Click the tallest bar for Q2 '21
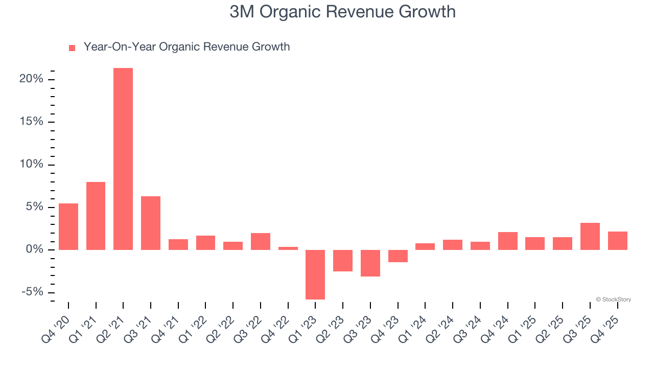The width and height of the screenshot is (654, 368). (x=123, y=158)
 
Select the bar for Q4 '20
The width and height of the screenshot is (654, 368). (x=68, y=226)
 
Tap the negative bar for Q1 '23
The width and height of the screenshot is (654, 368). (x=315, y=274)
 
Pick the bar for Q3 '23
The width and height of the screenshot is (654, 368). (x=370, y=263)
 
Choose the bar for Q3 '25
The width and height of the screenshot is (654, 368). (x=590, y=236)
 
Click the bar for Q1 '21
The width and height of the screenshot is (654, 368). (x=96, y=216)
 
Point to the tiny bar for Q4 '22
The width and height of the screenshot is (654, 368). (x=288, y=248)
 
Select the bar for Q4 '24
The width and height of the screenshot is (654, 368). (x=508, y=241)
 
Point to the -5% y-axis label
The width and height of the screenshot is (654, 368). (x=31, y=292)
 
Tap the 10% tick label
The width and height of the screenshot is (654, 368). (x=31, y=165)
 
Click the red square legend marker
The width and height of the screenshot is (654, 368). (x=72, y=48)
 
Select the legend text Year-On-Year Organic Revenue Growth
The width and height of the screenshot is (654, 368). (x=186, y=47)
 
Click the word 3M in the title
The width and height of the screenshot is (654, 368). (x=241, y=12)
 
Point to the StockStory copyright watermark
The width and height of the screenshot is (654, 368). (x=613, y=300)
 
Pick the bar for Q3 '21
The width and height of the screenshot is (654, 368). (x=151, y=223)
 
